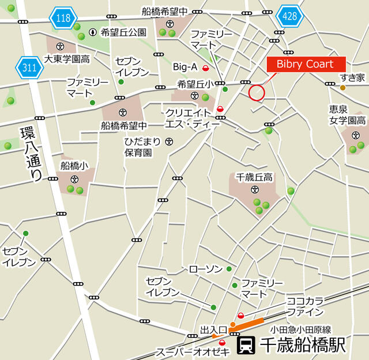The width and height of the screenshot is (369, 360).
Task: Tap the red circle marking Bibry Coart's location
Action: pyautogui.click(x=256, y=92)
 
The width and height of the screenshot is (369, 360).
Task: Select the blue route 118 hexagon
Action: pyautogui.click(x=63, y=18)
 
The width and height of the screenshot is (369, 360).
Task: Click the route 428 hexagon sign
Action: pyautogui.click(x=289, y=16)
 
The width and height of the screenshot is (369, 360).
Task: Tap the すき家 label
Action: pyautogui.click(x=352, y=77)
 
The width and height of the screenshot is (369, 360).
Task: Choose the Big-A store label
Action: pyautogui.click(x=186, y=67)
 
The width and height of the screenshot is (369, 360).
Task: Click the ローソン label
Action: pyautogui.click(x=205, y=269)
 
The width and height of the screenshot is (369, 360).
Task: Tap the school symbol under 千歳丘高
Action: pyautogui.click(x=254, y=189)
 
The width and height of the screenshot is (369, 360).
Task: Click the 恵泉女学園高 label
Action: pyautogui.click(x=348, y=115)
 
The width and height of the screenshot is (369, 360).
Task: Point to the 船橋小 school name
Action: pyautogui.click(x=74, y=166)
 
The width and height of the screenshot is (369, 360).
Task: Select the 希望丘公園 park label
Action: pyautogui.click(x=123, y=32)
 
